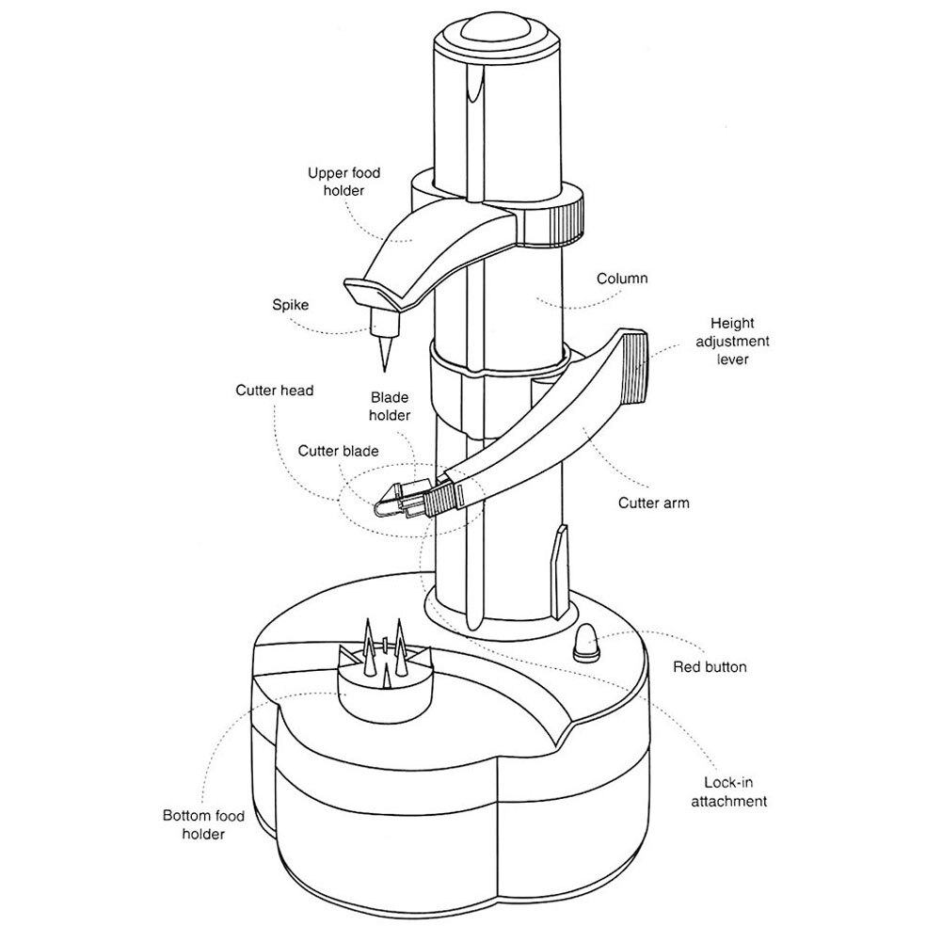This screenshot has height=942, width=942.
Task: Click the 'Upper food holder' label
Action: point(344,182)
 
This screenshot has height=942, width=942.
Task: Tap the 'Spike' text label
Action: point(290,305)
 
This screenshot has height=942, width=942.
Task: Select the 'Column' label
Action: point(622,279)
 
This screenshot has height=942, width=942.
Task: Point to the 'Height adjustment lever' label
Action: point(732,342)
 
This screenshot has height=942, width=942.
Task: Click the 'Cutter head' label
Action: point(275,391)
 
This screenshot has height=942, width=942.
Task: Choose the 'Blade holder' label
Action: point(390,407)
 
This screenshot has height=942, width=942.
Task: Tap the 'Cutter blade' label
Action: point(338,451)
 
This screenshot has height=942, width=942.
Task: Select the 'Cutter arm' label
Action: point(654,503)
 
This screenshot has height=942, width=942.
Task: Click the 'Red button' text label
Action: point(710,667)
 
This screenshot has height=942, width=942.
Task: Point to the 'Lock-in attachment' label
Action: point(728,791)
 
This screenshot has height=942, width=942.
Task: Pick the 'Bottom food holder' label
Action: point(203,825)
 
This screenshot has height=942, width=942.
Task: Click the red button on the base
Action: point(587,643)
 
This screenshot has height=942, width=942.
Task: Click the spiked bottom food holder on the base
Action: point(385,672)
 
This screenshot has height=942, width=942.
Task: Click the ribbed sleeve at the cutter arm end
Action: point(441,500)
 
